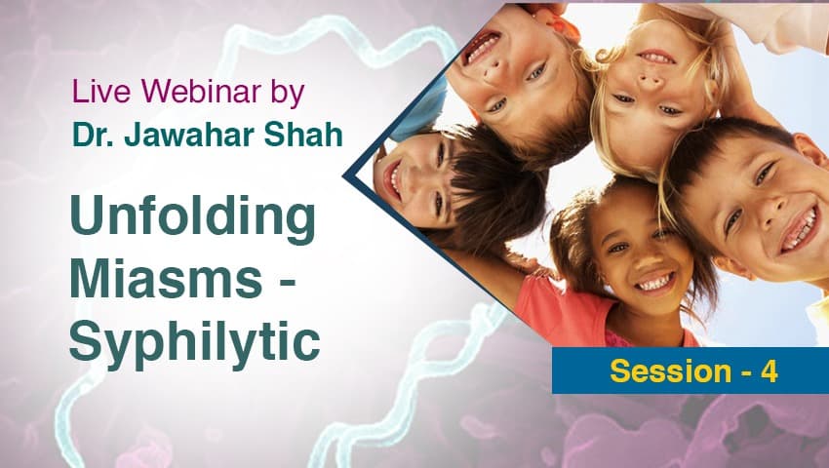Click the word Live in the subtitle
(101, 91)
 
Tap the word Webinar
(201, 91)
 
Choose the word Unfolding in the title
(193, 217)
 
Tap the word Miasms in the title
(166, 278)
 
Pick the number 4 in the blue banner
(769, 370)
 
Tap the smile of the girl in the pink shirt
(654, 283)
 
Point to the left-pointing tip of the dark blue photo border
(343, 176)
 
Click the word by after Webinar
(288, 94)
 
